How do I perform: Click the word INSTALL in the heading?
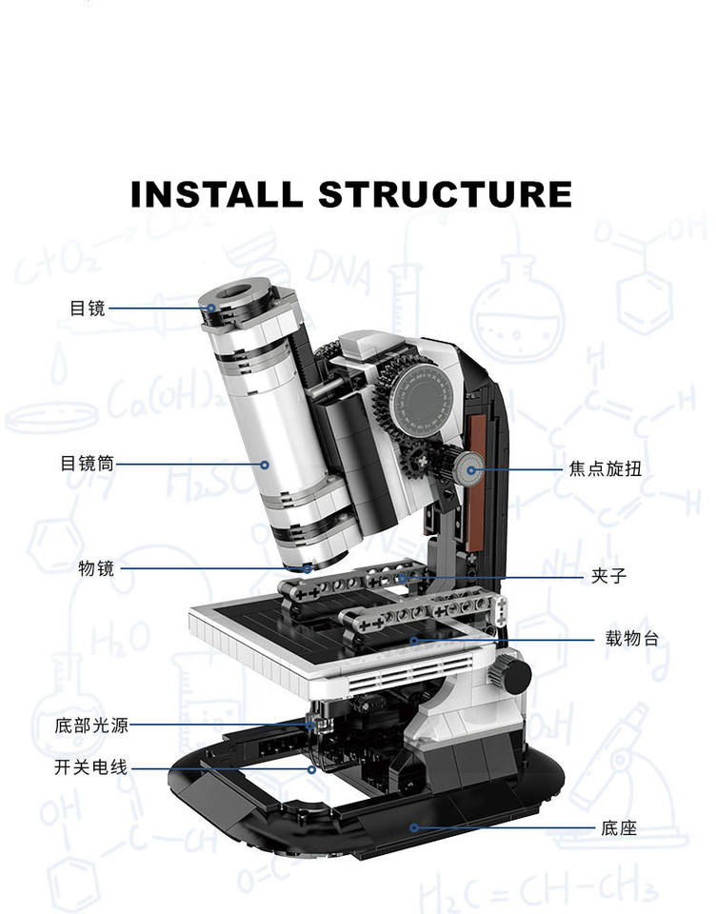[216, 194]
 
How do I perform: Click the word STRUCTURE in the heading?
[445, 194]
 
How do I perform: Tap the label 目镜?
[88, 308]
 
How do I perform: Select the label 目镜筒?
[88, 464]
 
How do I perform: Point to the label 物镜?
[96, 568]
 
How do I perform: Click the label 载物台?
[631, 639]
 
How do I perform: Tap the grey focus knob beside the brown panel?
[467, 467]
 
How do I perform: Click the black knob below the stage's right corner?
[514, 675]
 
